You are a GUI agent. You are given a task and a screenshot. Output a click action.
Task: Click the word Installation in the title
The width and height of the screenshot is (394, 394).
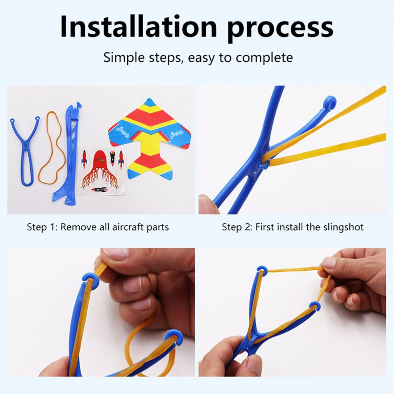coord(139,26)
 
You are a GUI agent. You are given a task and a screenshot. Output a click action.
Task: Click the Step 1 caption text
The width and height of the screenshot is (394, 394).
coord(98,227)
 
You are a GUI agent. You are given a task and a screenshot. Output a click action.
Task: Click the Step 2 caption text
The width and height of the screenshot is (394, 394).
coord(292,227)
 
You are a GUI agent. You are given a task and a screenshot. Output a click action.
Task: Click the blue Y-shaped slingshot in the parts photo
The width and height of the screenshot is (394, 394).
coord(24,151)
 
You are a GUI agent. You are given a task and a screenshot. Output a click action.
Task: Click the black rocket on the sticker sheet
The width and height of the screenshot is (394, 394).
coord(112,159)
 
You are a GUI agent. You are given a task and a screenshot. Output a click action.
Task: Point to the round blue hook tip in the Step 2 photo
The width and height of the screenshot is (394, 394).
coord(329,103)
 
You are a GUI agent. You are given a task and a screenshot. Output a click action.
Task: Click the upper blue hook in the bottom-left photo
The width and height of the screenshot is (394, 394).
coord(90,280)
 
